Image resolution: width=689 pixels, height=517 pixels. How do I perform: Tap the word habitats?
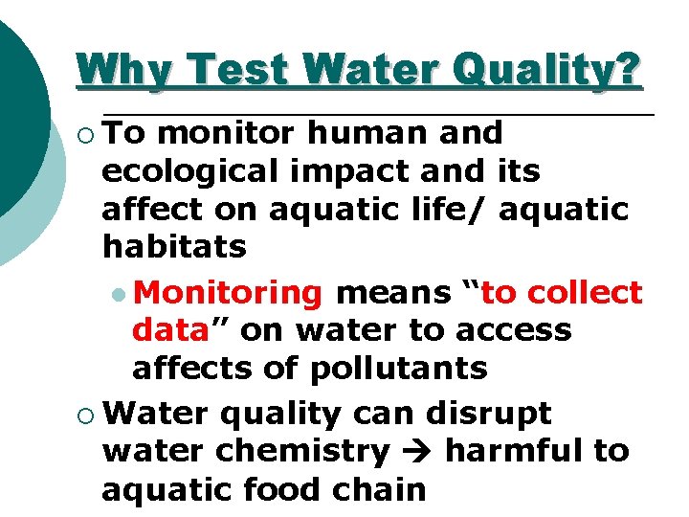(x=174, y=248)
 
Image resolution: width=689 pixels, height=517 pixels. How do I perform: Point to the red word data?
(x=170, y=329)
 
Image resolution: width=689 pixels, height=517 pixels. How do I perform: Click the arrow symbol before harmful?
(x=417, y=451)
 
